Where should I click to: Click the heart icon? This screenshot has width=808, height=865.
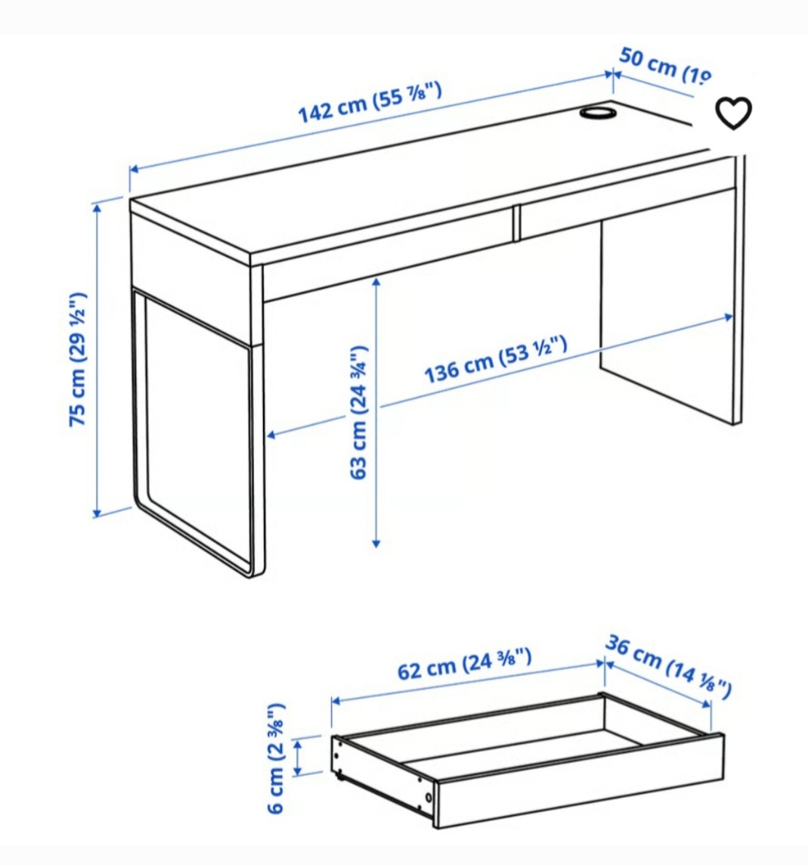pyautogui.click(x=733, y=114)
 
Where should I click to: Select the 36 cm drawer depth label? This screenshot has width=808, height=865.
pyautogui.click(x=668, y=666)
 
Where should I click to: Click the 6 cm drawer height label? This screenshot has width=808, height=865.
pyautogui.click(x=277, y=758)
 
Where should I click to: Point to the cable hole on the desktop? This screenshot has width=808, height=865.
pyautogui.click(x=597, y=113)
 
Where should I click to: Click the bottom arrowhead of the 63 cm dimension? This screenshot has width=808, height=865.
pyautogui.click(x=376, y=542)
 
